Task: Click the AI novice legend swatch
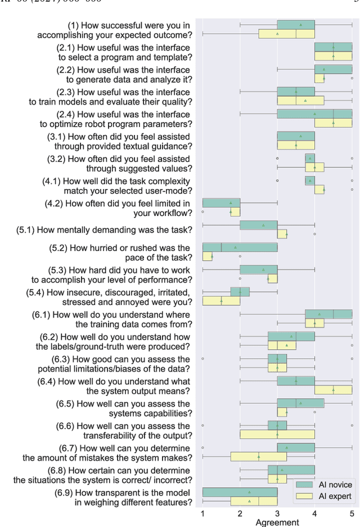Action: [x=304, y=485]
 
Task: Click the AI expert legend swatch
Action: [x=304, y=496]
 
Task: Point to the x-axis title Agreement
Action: [x=277, y=523]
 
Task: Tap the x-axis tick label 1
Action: [x=202, y=513]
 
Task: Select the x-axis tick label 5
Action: [x=352, y=513]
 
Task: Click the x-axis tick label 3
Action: [x=277, y=513]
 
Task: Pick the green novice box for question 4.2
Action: [x=221, y=202]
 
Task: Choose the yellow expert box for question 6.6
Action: [x=277, y=434]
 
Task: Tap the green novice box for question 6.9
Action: [x=240, y=492]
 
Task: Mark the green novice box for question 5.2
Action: [x=240, y=247]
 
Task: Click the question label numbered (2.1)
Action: [x=124, y=52]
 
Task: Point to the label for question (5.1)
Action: [x=104, y=229]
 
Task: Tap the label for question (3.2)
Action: [x=121, y=163]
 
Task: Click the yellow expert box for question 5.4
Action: [x=221, y=301]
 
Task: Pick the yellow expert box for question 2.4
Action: [x=333, y=123]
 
